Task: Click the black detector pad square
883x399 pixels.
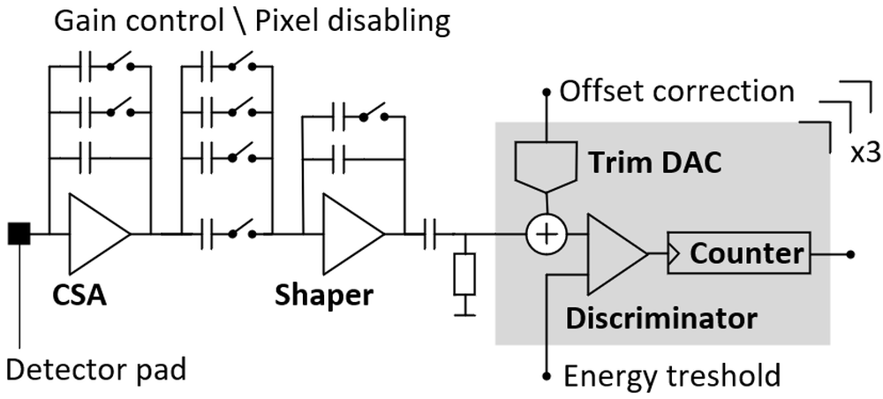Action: (x=19, y=234)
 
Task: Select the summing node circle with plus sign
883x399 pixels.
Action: (x=546, y=234)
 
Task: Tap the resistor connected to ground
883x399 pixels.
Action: (x=464, y=274)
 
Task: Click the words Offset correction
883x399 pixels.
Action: (x=676, y=92)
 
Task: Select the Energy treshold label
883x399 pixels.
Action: (x=672, y=375)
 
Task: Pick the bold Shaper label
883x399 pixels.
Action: (x=324, y=297)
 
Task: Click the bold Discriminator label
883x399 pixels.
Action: (x=661, y=319)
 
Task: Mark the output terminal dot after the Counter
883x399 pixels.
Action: (x=850, y=254)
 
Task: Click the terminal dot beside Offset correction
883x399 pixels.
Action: (x=546, y=92)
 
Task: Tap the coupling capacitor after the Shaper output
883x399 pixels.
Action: (x=430, y=234)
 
